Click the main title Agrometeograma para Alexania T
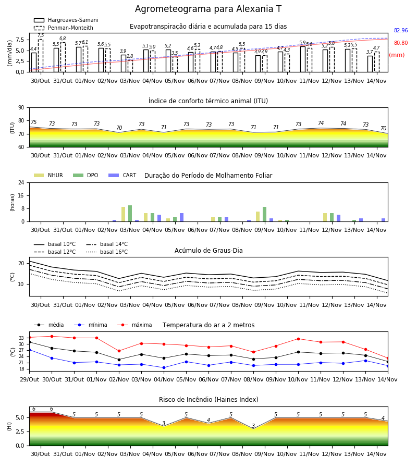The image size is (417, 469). click(x=208, y=9)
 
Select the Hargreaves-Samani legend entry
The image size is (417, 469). click(x=66, y=20)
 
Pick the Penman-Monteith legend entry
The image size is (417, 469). click(x=64, y=28)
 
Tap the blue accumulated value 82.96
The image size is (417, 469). click(x=401, y=30)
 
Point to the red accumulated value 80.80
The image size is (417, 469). click(x=401, y=43)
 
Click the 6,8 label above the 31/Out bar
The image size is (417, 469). click(x=63, y=38)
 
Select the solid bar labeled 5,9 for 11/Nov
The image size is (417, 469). click(x=303, y=59)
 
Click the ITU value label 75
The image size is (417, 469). click(x=33, y=122)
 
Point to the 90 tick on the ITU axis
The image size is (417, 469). click(x=21, y=108)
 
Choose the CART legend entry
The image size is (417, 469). click(x=122, y=175)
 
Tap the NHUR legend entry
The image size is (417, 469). click(x=48, y=175)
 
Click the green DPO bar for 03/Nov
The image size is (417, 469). click(x=130, y=214)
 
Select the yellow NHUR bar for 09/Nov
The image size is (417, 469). click(x=258, y=217)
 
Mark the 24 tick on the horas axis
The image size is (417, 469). click(x=21, y=182)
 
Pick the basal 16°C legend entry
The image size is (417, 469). click(x=107, y=252)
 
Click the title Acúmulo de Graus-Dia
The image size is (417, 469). click(x=208, y=250)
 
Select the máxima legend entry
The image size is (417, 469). click(x=134, y=325)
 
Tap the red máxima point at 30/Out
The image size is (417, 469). click(x=52, y=336)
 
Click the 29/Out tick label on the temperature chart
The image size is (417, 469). click(x=29, y=379)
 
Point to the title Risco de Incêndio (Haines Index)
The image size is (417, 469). click(x=208, y=399)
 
